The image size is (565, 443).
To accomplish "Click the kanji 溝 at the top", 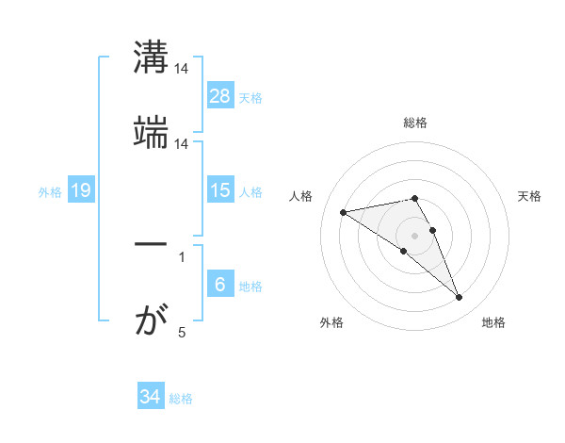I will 151,57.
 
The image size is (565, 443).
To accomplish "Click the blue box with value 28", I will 220,96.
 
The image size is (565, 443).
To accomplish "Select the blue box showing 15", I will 220,190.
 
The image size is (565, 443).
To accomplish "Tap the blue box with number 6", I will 220,286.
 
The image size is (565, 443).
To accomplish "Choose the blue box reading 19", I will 80,191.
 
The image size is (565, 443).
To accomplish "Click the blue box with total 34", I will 150,397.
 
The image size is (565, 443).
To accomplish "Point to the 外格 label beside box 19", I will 50,192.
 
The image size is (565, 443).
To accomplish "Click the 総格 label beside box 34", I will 181,399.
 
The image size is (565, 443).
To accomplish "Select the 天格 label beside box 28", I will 250,97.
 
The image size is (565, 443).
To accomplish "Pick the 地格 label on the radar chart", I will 493,322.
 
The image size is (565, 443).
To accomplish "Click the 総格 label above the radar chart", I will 414,123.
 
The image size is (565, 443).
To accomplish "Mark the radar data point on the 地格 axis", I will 460,298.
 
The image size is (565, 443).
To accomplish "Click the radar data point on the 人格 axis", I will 344,211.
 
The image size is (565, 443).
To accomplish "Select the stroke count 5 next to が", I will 182,332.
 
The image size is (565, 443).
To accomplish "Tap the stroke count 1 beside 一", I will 181,255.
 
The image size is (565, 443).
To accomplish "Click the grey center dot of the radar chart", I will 414,235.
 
